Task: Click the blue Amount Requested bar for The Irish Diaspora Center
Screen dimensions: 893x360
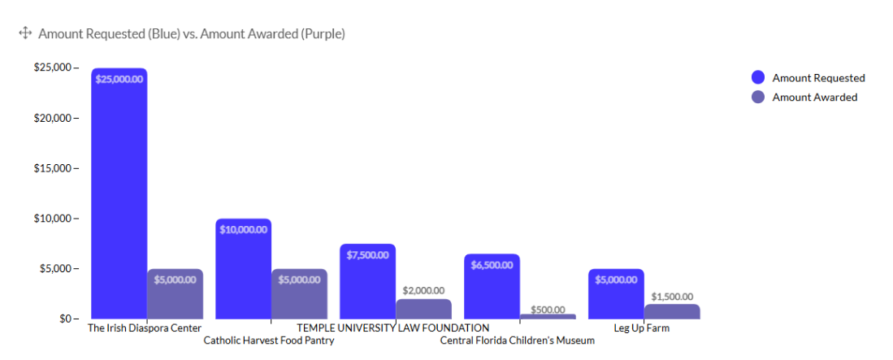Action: click(119, 193)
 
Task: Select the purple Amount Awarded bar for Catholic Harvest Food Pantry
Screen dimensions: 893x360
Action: click(300, 294)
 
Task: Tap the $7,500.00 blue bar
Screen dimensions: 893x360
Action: click(368, 281)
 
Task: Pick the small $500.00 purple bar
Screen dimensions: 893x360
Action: click(548, 316)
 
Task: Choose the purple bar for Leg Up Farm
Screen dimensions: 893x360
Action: click(672, 311)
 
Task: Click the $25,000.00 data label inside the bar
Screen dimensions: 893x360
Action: click(119, 79)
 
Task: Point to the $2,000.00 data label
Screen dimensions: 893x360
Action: click(423, 290)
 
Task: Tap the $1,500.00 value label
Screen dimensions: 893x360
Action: click(672, 296)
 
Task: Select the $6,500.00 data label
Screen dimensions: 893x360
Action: click(492, 265)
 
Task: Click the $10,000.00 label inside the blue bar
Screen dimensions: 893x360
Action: click(243, 229)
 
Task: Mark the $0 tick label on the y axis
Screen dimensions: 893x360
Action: click(65, 319)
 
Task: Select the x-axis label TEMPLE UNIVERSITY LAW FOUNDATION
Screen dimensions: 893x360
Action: click(393, 328)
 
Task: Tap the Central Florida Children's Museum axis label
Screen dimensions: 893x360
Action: click(517, 340)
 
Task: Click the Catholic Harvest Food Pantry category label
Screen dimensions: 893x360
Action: click(269, 340)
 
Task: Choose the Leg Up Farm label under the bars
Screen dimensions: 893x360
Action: click(641, 328)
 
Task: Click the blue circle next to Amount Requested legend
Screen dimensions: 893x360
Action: click(758, 77)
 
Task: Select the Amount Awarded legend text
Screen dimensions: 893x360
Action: click(814, 98)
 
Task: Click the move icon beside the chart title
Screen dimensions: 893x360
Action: click(25, 33)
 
